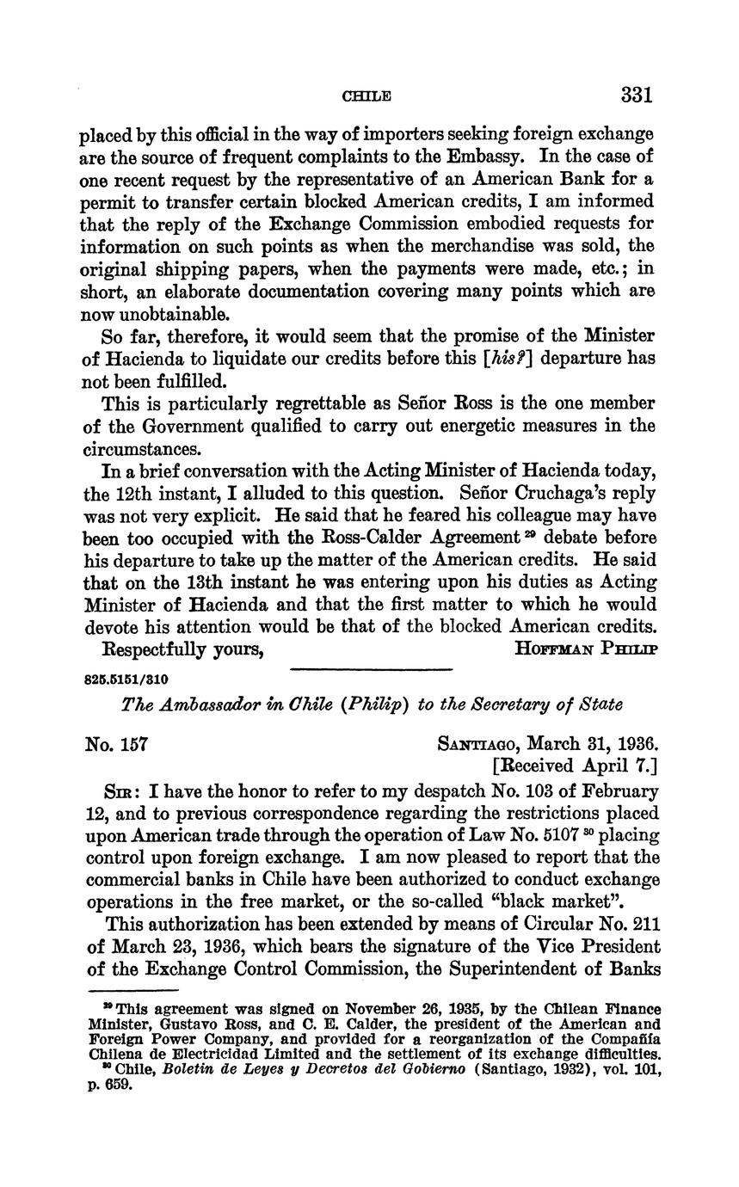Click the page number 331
click(635, 95)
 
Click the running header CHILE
click(366, 96)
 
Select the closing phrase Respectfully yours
click(182, 649)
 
